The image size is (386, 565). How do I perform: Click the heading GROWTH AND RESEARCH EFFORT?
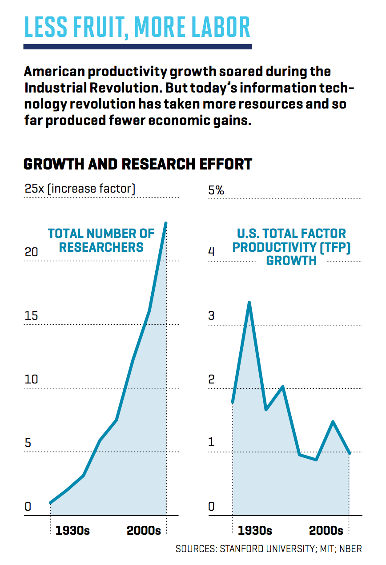point(137,164)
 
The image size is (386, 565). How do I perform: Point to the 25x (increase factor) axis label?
point(80,189)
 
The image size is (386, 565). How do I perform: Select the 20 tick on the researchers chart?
point(32,252)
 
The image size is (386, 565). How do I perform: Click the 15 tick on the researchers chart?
point(31,316)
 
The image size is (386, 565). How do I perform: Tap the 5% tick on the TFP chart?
point(216,190)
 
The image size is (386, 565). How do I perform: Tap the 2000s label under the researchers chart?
point(144,531)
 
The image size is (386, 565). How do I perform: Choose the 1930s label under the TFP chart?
point(255,531)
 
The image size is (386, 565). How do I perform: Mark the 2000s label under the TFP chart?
point(326,531)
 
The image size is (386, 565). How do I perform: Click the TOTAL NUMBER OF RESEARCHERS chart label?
point(101,240)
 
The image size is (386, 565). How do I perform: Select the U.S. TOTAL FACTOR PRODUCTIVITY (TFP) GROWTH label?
point(291,247)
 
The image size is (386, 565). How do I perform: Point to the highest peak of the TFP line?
point(249,303)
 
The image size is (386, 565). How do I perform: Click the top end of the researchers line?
point(166,223)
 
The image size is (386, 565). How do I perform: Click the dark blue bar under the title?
point(137,46)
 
